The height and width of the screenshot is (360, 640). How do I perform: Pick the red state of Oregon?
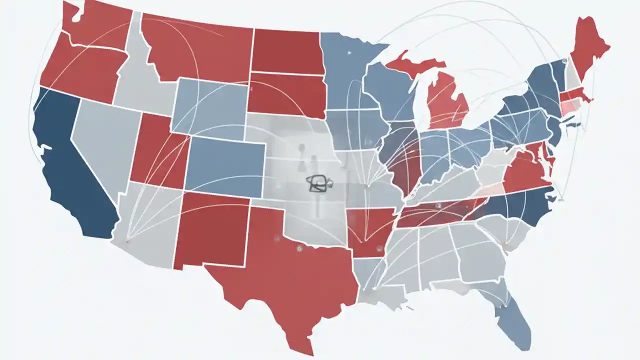[82, 70]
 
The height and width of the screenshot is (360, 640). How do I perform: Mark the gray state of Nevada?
[100, 140]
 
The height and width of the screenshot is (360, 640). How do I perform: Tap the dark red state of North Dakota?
[285, 50]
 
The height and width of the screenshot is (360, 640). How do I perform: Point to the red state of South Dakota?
[285, 95]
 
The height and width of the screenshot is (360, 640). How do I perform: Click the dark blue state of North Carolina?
[520, 205]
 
